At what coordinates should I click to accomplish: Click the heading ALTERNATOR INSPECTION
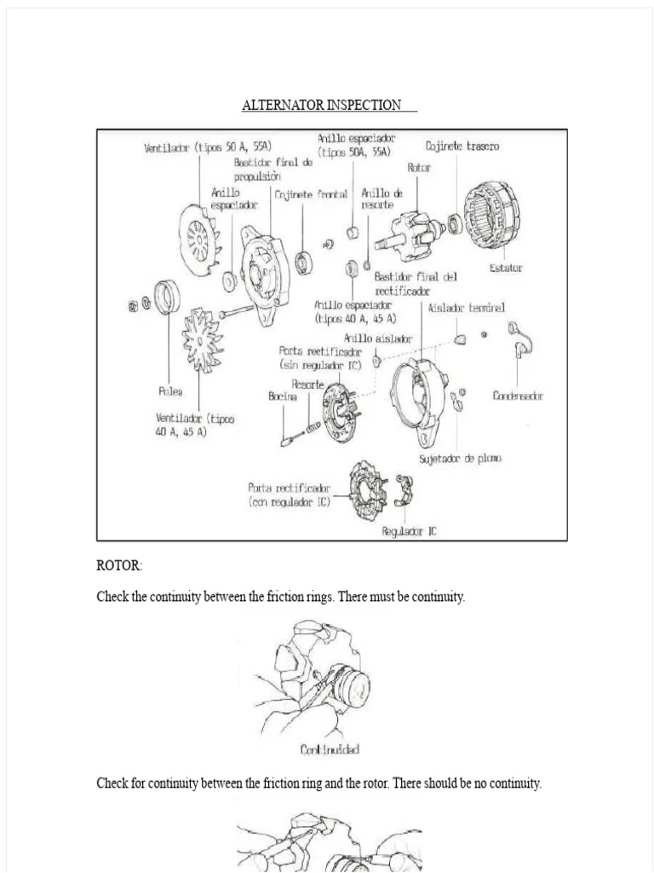point(322,106)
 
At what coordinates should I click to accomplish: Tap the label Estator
point(505,268)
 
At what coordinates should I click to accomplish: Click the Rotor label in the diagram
point(418,168)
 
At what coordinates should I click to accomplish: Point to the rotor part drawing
point(414,234)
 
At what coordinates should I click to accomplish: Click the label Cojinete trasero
point(462,146)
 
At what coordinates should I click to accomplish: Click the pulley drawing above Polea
point(167,297)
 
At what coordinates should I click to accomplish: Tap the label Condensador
point(518,396)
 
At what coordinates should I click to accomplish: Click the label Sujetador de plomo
point(460,459)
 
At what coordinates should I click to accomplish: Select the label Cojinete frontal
point(311,194)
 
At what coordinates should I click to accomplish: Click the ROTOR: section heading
point(120,566)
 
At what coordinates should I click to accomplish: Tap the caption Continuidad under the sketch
point(330,749)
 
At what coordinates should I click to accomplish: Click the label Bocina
point(282,396)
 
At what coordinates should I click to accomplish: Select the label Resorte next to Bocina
point(307,384)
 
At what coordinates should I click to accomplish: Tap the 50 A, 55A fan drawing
point(199,240)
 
